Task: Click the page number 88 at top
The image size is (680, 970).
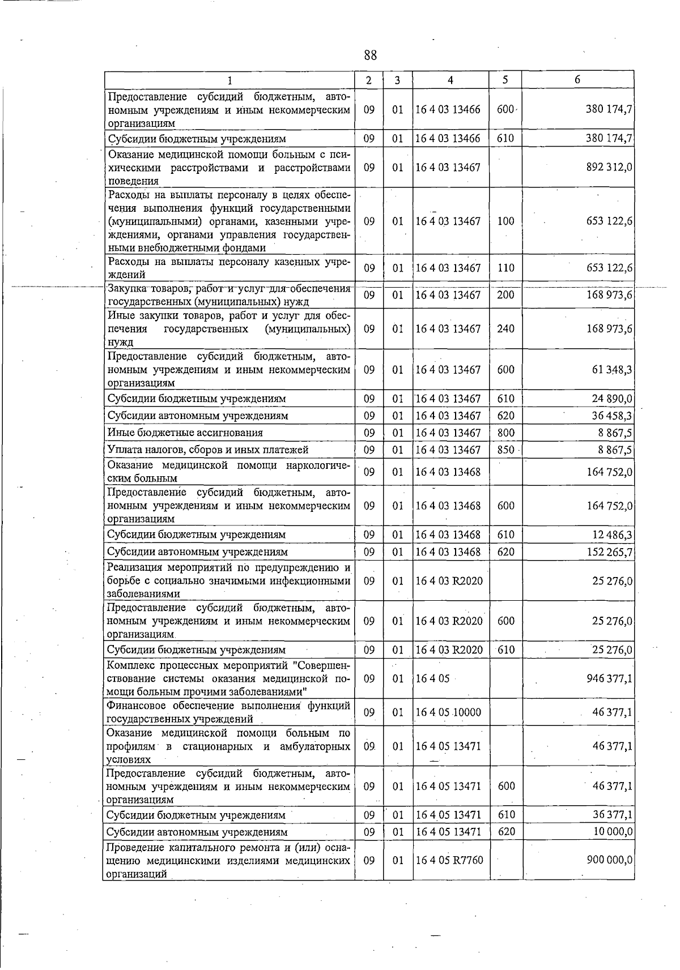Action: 371,55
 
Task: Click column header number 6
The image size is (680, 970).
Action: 577,80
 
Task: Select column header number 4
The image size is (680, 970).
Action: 450,80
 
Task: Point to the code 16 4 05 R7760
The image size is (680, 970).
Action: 449,860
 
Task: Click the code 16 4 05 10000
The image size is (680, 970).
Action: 448,712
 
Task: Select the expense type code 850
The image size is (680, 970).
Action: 505,450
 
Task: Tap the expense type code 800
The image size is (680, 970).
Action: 505,433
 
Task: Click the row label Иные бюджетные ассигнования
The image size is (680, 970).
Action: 185,433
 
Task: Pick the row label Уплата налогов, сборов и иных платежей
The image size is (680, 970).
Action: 208,450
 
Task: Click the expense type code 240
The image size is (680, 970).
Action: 505,329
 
